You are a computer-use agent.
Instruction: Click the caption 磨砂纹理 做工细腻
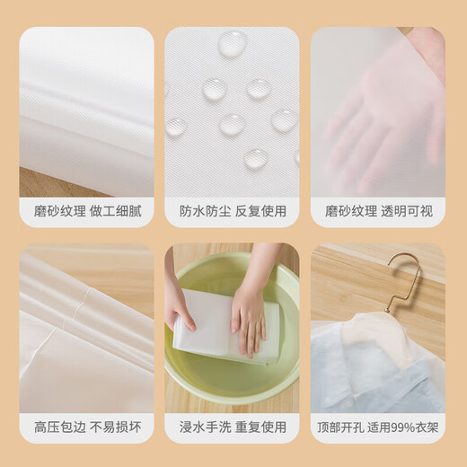click(87, 211)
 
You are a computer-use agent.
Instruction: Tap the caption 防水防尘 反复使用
click(233, 211)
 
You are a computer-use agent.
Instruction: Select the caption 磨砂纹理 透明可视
click(379, 211)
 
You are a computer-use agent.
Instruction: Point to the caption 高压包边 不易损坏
click(87, 427)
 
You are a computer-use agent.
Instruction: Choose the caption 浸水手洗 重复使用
click(233, 427)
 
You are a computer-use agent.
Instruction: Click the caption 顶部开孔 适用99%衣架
click(378, 427)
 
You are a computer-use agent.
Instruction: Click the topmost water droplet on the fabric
click(233, 43)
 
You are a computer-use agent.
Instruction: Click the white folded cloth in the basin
click(225, 327)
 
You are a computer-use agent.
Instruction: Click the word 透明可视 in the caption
click(407, 211)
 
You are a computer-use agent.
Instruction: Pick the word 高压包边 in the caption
click(59, 427)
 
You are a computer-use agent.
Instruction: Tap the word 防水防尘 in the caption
click(205, 211)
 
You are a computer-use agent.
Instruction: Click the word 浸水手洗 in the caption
click(205, 427)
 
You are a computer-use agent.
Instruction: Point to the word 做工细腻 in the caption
click(115, 211)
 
